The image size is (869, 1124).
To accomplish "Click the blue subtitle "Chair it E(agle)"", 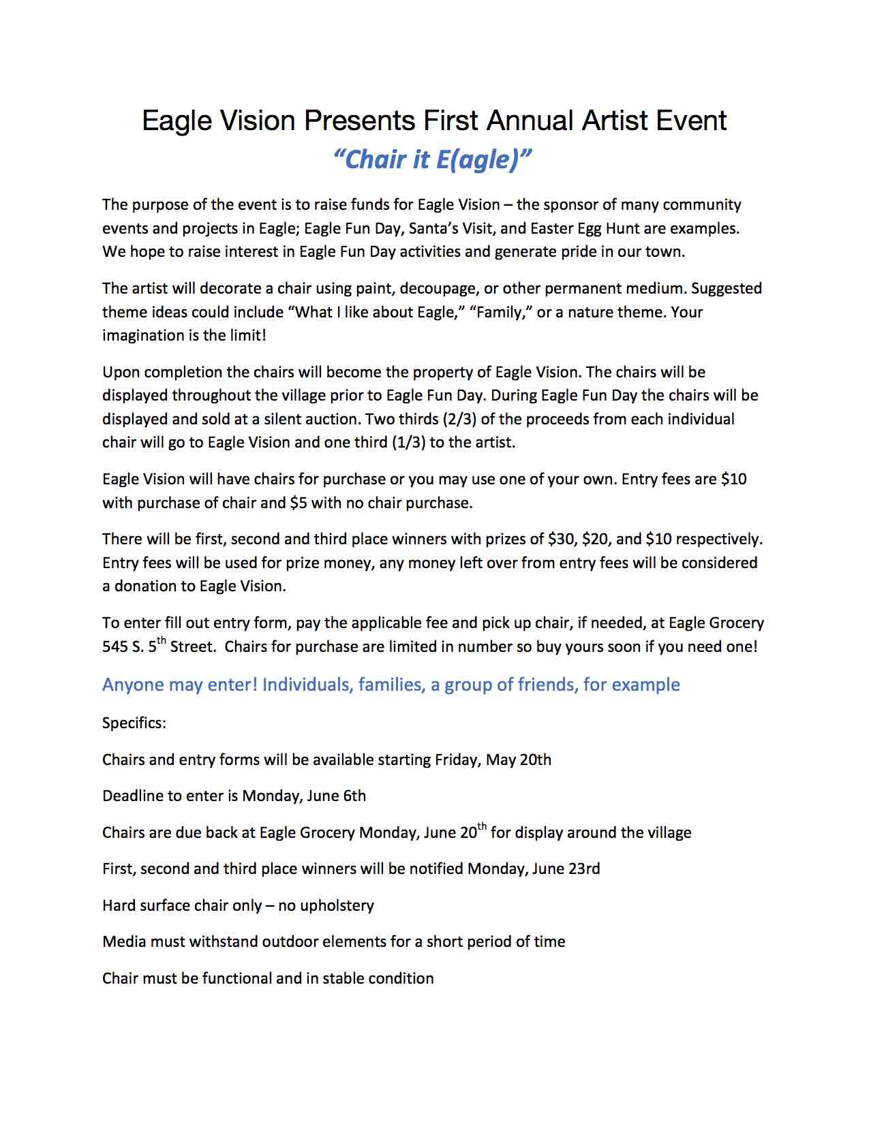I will click(x=433, y=159).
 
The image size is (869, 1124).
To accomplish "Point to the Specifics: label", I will click(x=134, y=723).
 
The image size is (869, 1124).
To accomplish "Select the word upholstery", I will click(x=337, y=905).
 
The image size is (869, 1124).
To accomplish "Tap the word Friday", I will click(x=457, y=760).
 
